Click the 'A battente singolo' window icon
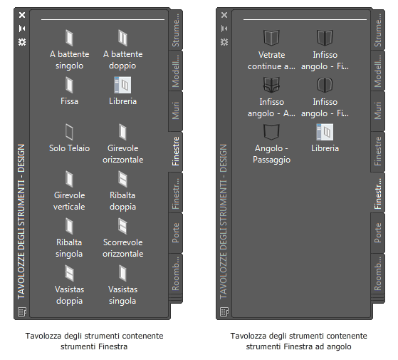[69, 38]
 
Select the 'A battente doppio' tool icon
[122, 38]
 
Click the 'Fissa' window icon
[69, 85]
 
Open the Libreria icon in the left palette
[122, 85]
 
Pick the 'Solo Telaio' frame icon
[69, 132]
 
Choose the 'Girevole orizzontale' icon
[122, 132]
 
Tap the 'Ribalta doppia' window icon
[122, 179]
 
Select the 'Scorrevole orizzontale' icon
[122, 226]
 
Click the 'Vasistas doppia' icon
[69, 273]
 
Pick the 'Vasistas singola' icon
[122, 273]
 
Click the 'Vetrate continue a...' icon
[271, 38]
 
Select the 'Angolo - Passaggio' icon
[271, 132]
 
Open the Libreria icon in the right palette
[325, 132]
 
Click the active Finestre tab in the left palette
[176, 151]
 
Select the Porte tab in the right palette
[377, 233]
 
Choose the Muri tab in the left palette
[176, 110]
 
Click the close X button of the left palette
[22, 15]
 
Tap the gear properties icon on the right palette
[224, 41]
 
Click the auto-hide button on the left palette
[22, 29]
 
